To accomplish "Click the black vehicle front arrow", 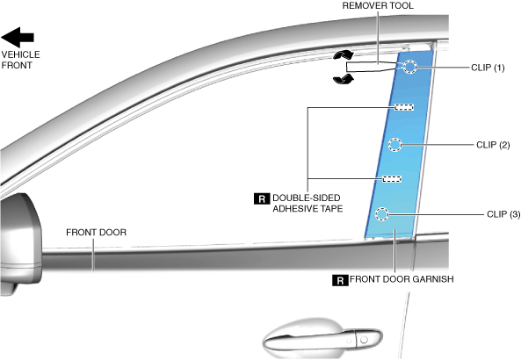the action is click(17, 37).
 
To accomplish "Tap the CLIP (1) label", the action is click(488, 68).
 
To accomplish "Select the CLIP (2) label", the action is click(493, 145).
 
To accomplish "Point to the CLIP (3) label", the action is click(503, 214).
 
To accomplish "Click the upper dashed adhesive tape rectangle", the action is click(404, 107).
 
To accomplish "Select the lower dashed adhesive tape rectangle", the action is click(392, 179).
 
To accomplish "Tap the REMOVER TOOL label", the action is click(378, 5).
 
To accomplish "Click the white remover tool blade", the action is click(372, 67).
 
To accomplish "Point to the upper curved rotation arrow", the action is click(344, 54).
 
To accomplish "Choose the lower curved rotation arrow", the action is click(344, 79).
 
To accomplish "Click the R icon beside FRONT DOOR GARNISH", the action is click(340, 280).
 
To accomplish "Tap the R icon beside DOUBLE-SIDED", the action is click(262, 198).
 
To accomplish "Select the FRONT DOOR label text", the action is click(96, 233).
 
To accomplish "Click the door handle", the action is click(322, 338).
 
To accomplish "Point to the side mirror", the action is click(20, 242).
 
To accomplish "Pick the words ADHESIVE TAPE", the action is click(308, 209).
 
